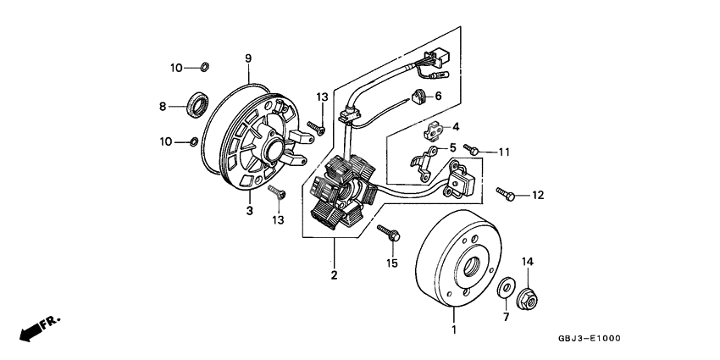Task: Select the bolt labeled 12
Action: (506, 194)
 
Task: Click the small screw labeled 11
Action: (473, 151)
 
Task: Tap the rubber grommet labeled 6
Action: (420, 96)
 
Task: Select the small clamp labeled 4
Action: (435, 130)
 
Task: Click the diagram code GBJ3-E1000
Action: (590, 339)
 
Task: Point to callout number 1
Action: (454, 329)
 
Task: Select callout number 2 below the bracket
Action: (334, 274)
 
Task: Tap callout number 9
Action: (248, 58)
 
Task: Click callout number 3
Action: (250, 210)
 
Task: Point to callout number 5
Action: (452, 147)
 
